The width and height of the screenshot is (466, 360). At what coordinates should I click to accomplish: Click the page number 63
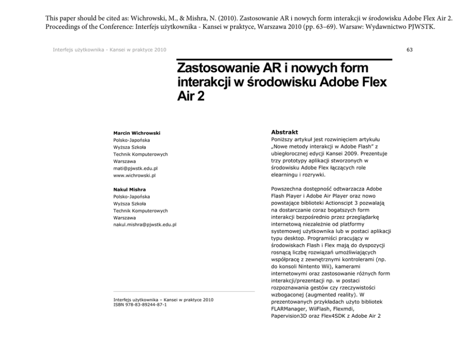click(x=410, y=49)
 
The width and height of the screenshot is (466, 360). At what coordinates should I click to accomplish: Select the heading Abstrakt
click(x=285, y=133)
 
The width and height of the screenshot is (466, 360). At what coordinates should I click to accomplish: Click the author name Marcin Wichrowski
click(x=133, y=133)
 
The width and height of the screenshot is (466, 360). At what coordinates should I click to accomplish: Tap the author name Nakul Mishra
click(x=126, y=189)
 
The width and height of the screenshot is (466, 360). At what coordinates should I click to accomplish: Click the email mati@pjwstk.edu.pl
click(x=135, y=168)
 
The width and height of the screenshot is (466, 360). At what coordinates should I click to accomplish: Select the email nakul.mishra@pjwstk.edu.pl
click(x=145, y=225)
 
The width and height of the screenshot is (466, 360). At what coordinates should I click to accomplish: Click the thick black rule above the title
click(x=284, y=60)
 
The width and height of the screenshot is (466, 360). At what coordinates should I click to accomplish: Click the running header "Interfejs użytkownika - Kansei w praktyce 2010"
click(x=109, y=49)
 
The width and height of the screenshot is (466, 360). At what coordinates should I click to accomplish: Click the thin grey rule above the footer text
click(x=184, y=291)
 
